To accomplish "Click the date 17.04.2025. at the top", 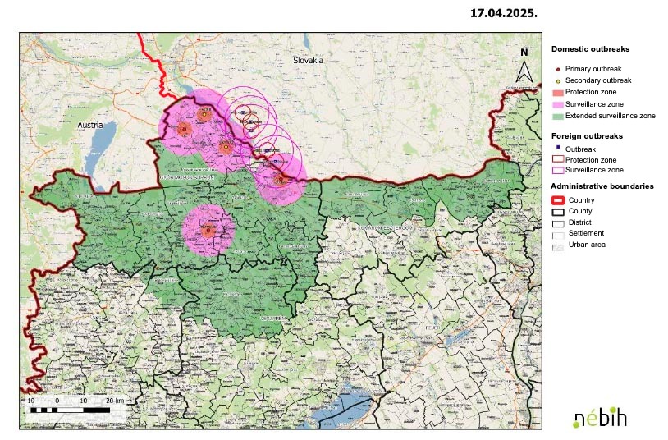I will [x=503, y=14].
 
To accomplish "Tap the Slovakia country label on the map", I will [x=309, y=61].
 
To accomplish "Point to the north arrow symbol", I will [x=524, y=66].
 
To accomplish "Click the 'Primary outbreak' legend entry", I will [x=597, y=69].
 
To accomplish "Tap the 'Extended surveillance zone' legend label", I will [x=610, y=116].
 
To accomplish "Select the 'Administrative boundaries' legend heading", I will [x=602, y=186].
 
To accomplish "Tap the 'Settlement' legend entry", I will [x=584, y=234].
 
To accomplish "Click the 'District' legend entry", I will [x=578, y=222].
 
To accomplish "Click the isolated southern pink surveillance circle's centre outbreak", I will [x=208, y=231].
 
